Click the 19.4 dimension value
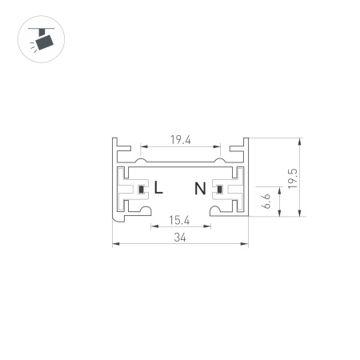click(181, 140)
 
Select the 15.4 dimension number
click(181, 219)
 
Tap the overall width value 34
click(181, 238)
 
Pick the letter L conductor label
click(158, 189)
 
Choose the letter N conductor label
click(200, 189)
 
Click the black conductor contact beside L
click(142, 190)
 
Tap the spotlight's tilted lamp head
click(42, 41)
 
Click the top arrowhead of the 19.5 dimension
click(298, 138)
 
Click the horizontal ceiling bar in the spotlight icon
click(37, 28)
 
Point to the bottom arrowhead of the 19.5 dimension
click(298, 214)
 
